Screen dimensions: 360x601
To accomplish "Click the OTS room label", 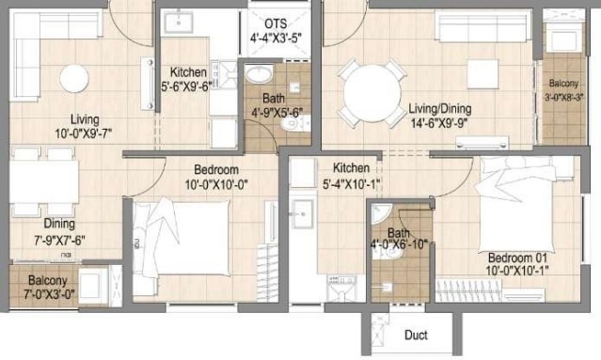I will click(x=276, y=23).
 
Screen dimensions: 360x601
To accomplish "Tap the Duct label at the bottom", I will click(x=416, y=336).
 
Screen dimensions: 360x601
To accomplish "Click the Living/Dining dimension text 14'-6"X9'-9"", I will click(x=439, y=122).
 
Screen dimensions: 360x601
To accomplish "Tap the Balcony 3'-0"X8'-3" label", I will click(x=563, y=89).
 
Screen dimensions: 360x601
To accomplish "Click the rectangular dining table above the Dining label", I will click(x=43, y=180).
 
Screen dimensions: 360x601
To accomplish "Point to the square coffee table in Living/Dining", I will click(x=483, y=72).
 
